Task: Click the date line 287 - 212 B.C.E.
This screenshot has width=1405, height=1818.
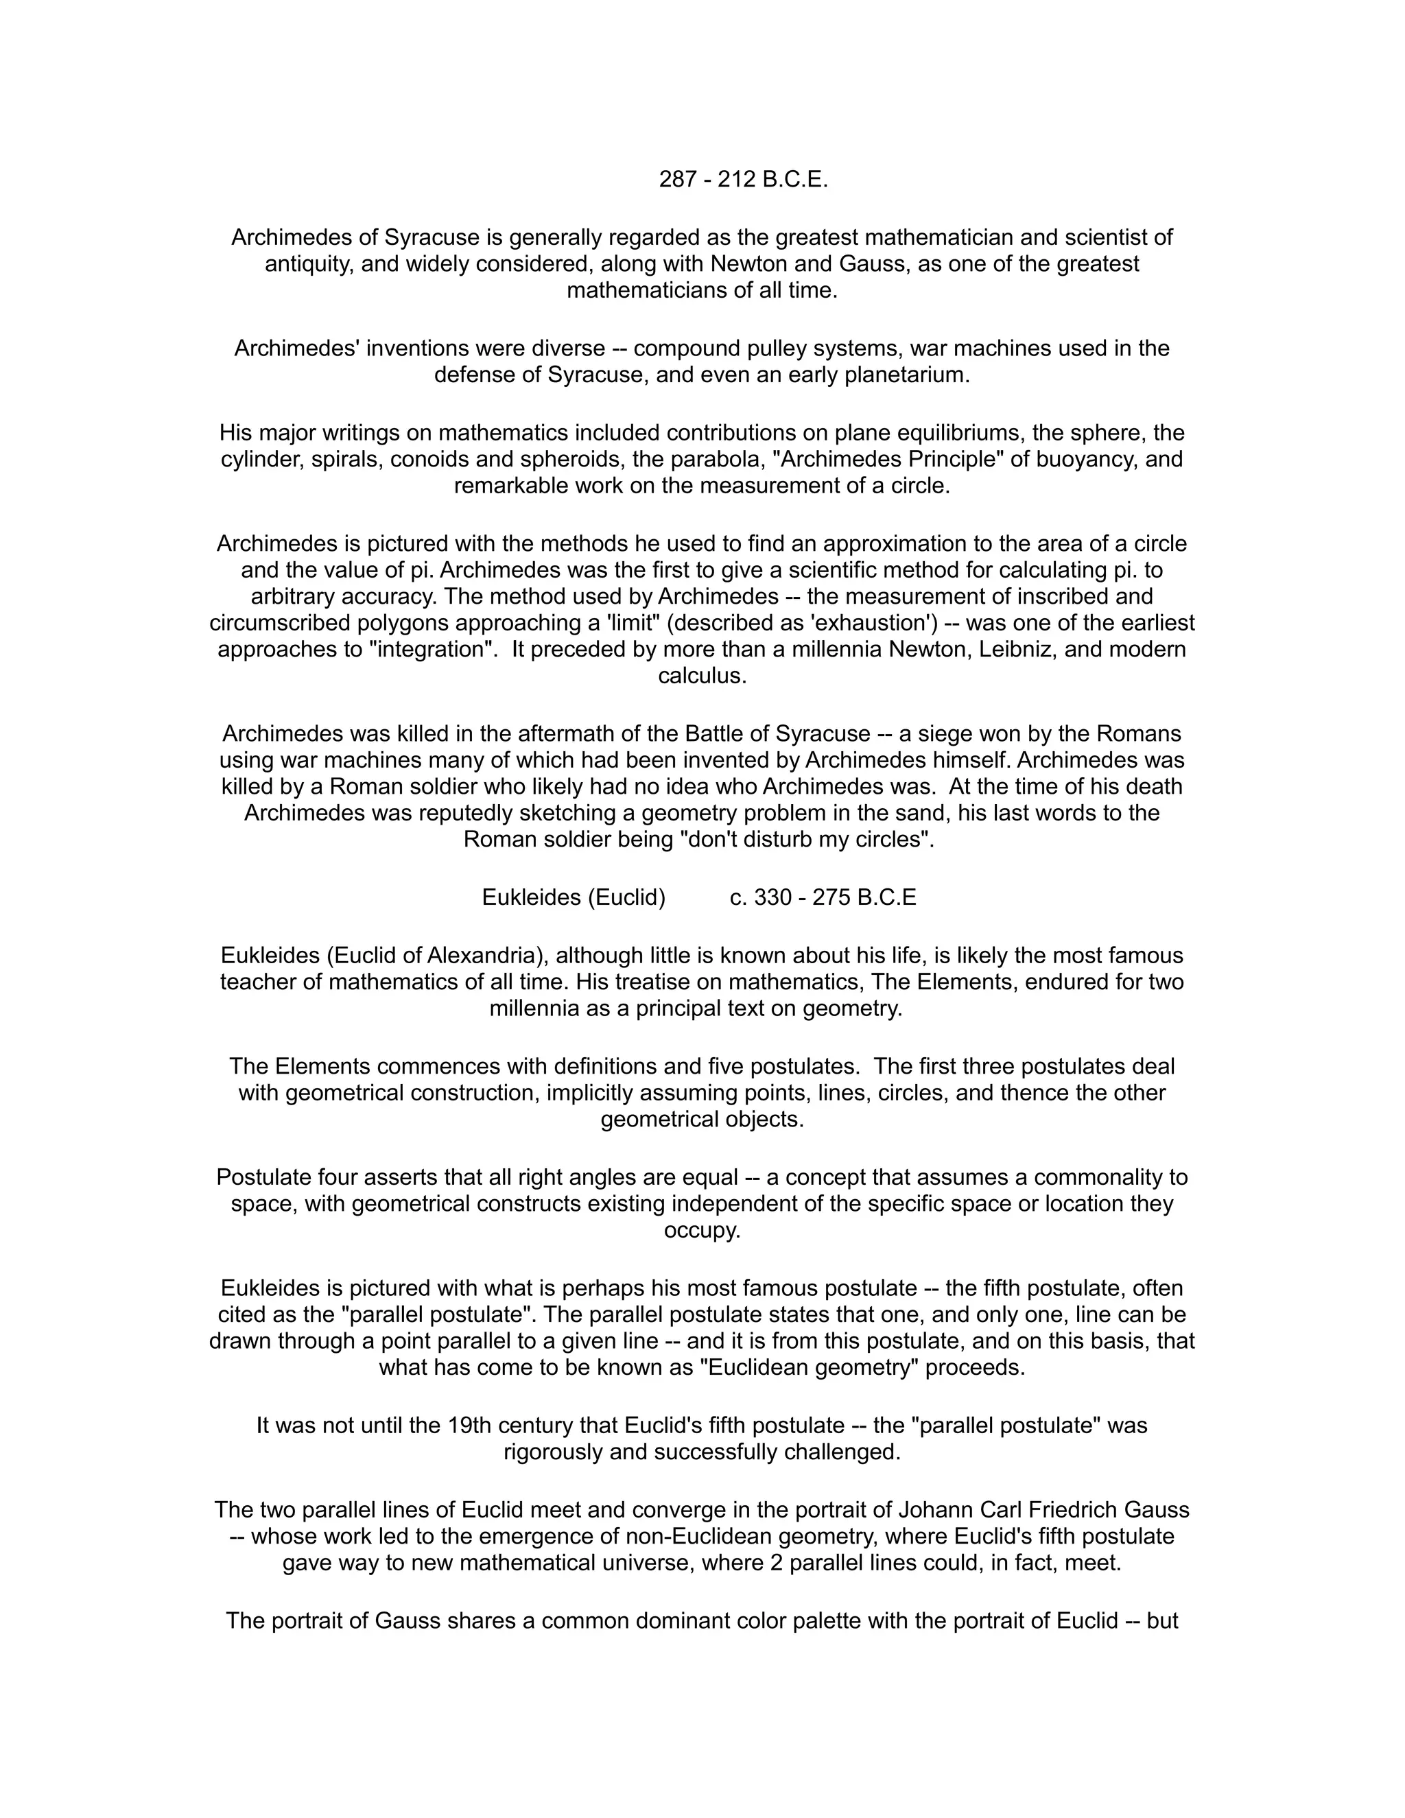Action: (x=743, y=180)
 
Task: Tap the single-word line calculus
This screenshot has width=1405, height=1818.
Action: (x=702, y=676)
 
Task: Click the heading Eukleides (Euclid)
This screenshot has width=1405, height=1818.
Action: (x=574, y=897)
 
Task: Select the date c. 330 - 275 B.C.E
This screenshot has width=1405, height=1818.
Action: (x=823, y=897)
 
